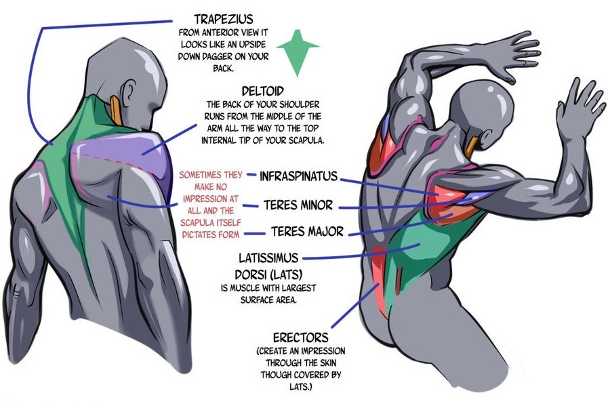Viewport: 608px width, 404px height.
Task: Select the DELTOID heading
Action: pyautogui.click(x=262, y=90)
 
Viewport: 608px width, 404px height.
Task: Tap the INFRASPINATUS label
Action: pyautogui.click(x=298, y=176)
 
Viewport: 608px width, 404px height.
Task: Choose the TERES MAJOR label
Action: pyautogui.click(x=307, y=232)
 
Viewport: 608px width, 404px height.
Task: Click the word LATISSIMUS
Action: pyautogui.click(x=266, y=258)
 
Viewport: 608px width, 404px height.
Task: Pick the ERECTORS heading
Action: pyautogui.click(x=300, y=337)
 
